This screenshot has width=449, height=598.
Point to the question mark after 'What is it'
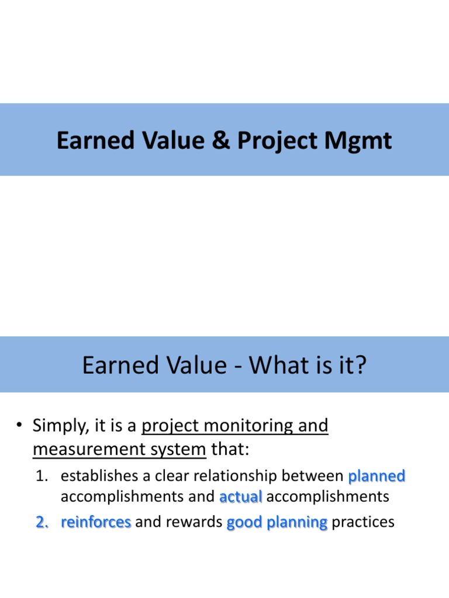360,366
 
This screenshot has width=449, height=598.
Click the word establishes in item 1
95,477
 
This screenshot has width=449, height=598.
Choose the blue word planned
377,477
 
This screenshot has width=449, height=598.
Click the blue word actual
241,497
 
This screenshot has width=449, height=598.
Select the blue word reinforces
96,522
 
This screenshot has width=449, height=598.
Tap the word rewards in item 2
195,522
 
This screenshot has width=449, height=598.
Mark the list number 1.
40,477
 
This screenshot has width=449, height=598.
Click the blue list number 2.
41,522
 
